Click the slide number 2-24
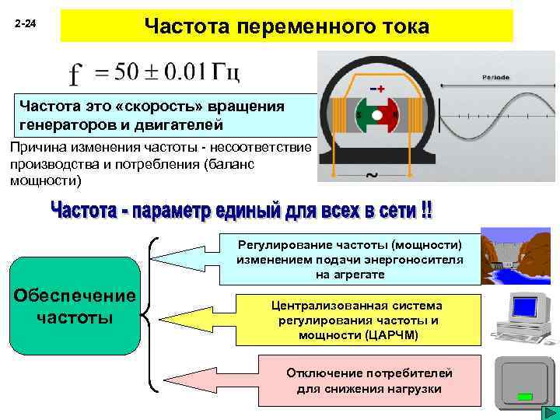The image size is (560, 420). click(26, 26)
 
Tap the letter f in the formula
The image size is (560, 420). click(76, 75)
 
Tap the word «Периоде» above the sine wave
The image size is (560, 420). click(495, 78)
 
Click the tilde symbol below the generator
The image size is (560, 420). click(372, 174)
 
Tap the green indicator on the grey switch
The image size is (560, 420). click(526, 397)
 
